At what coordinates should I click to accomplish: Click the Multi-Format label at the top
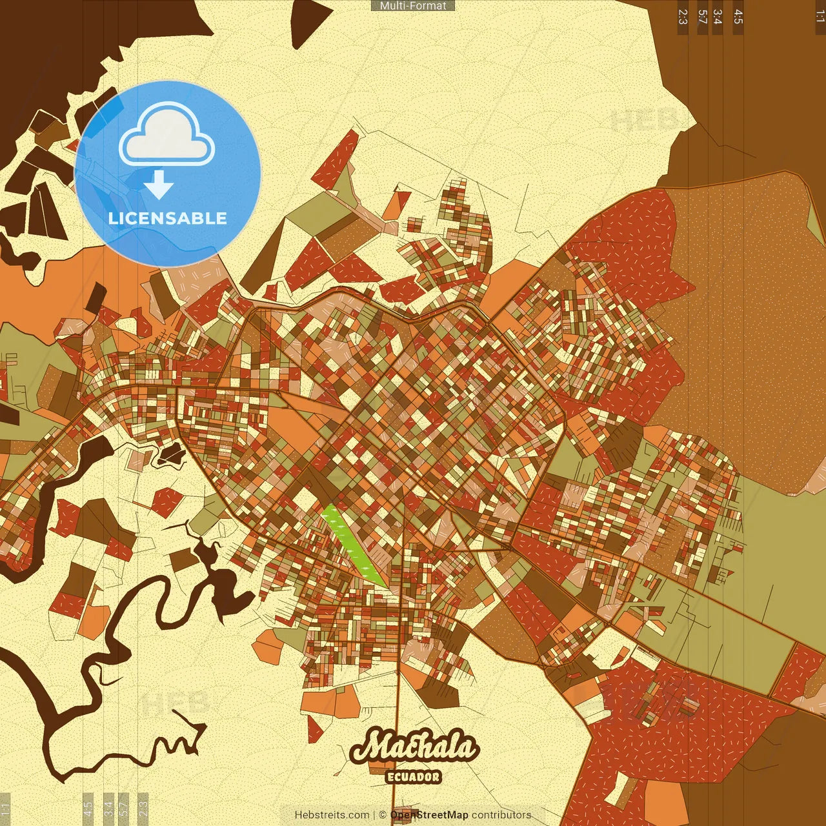[413, 6]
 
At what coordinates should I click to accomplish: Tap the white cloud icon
[166, 134]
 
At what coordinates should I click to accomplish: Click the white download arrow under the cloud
[159, 184]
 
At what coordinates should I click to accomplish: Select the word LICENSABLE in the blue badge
[168, 218]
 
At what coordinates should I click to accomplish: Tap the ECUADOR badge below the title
[413, 777]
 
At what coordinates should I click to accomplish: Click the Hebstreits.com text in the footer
[332, 815]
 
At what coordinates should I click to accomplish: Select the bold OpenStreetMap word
[429, 815]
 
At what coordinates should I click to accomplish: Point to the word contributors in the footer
[501, 815]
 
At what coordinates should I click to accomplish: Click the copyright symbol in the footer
[383, 815]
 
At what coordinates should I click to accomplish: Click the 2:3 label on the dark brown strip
[683, 17]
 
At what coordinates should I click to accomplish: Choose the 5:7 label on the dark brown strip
[702, 17]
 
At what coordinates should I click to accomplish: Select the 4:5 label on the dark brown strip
[738, 17]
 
